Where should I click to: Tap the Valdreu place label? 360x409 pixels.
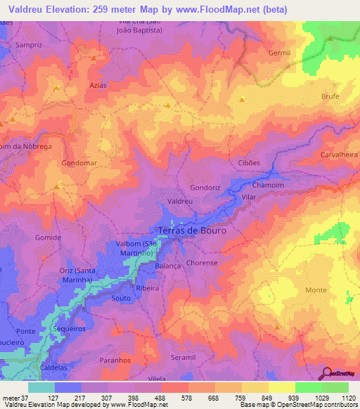click(180, 201)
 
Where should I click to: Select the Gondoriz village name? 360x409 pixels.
click(205, 188)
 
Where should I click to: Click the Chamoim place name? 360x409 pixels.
click(267, 186)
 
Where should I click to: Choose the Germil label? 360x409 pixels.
click(279, 53)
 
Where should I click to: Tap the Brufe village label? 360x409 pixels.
click(330, 96)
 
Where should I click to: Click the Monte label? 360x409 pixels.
click(316, 290)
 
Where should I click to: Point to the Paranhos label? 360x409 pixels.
click(118, 361)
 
